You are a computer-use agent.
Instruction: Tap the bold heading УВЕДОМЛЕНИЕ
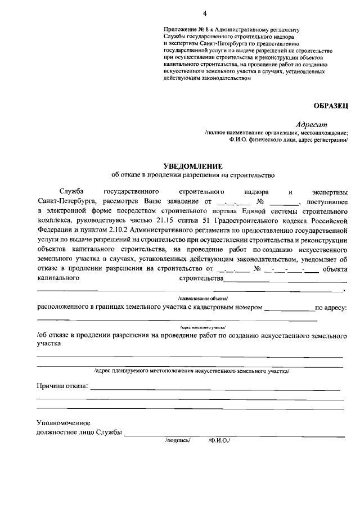pyautogui.click(x=193, y=166)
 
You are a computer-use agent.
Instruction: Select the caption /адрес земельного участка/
pyautogui.click(x=202, y=326)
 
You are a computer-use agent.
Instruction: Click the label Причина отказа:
pyautogui.click(x=62, y=386)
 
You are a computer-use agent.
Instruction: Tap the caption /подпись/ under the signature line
pyautogui.click(x=178, y=441)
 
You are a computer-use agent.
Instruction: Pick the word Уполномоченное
pyautogui.click(x=64, y=422)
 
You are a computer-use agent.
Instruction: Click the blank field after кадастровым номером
pyautogui.click(x=289, y=308)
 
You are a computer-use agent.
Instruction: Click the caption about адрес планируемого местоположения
pyautogui.click(x=191, y=371)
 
